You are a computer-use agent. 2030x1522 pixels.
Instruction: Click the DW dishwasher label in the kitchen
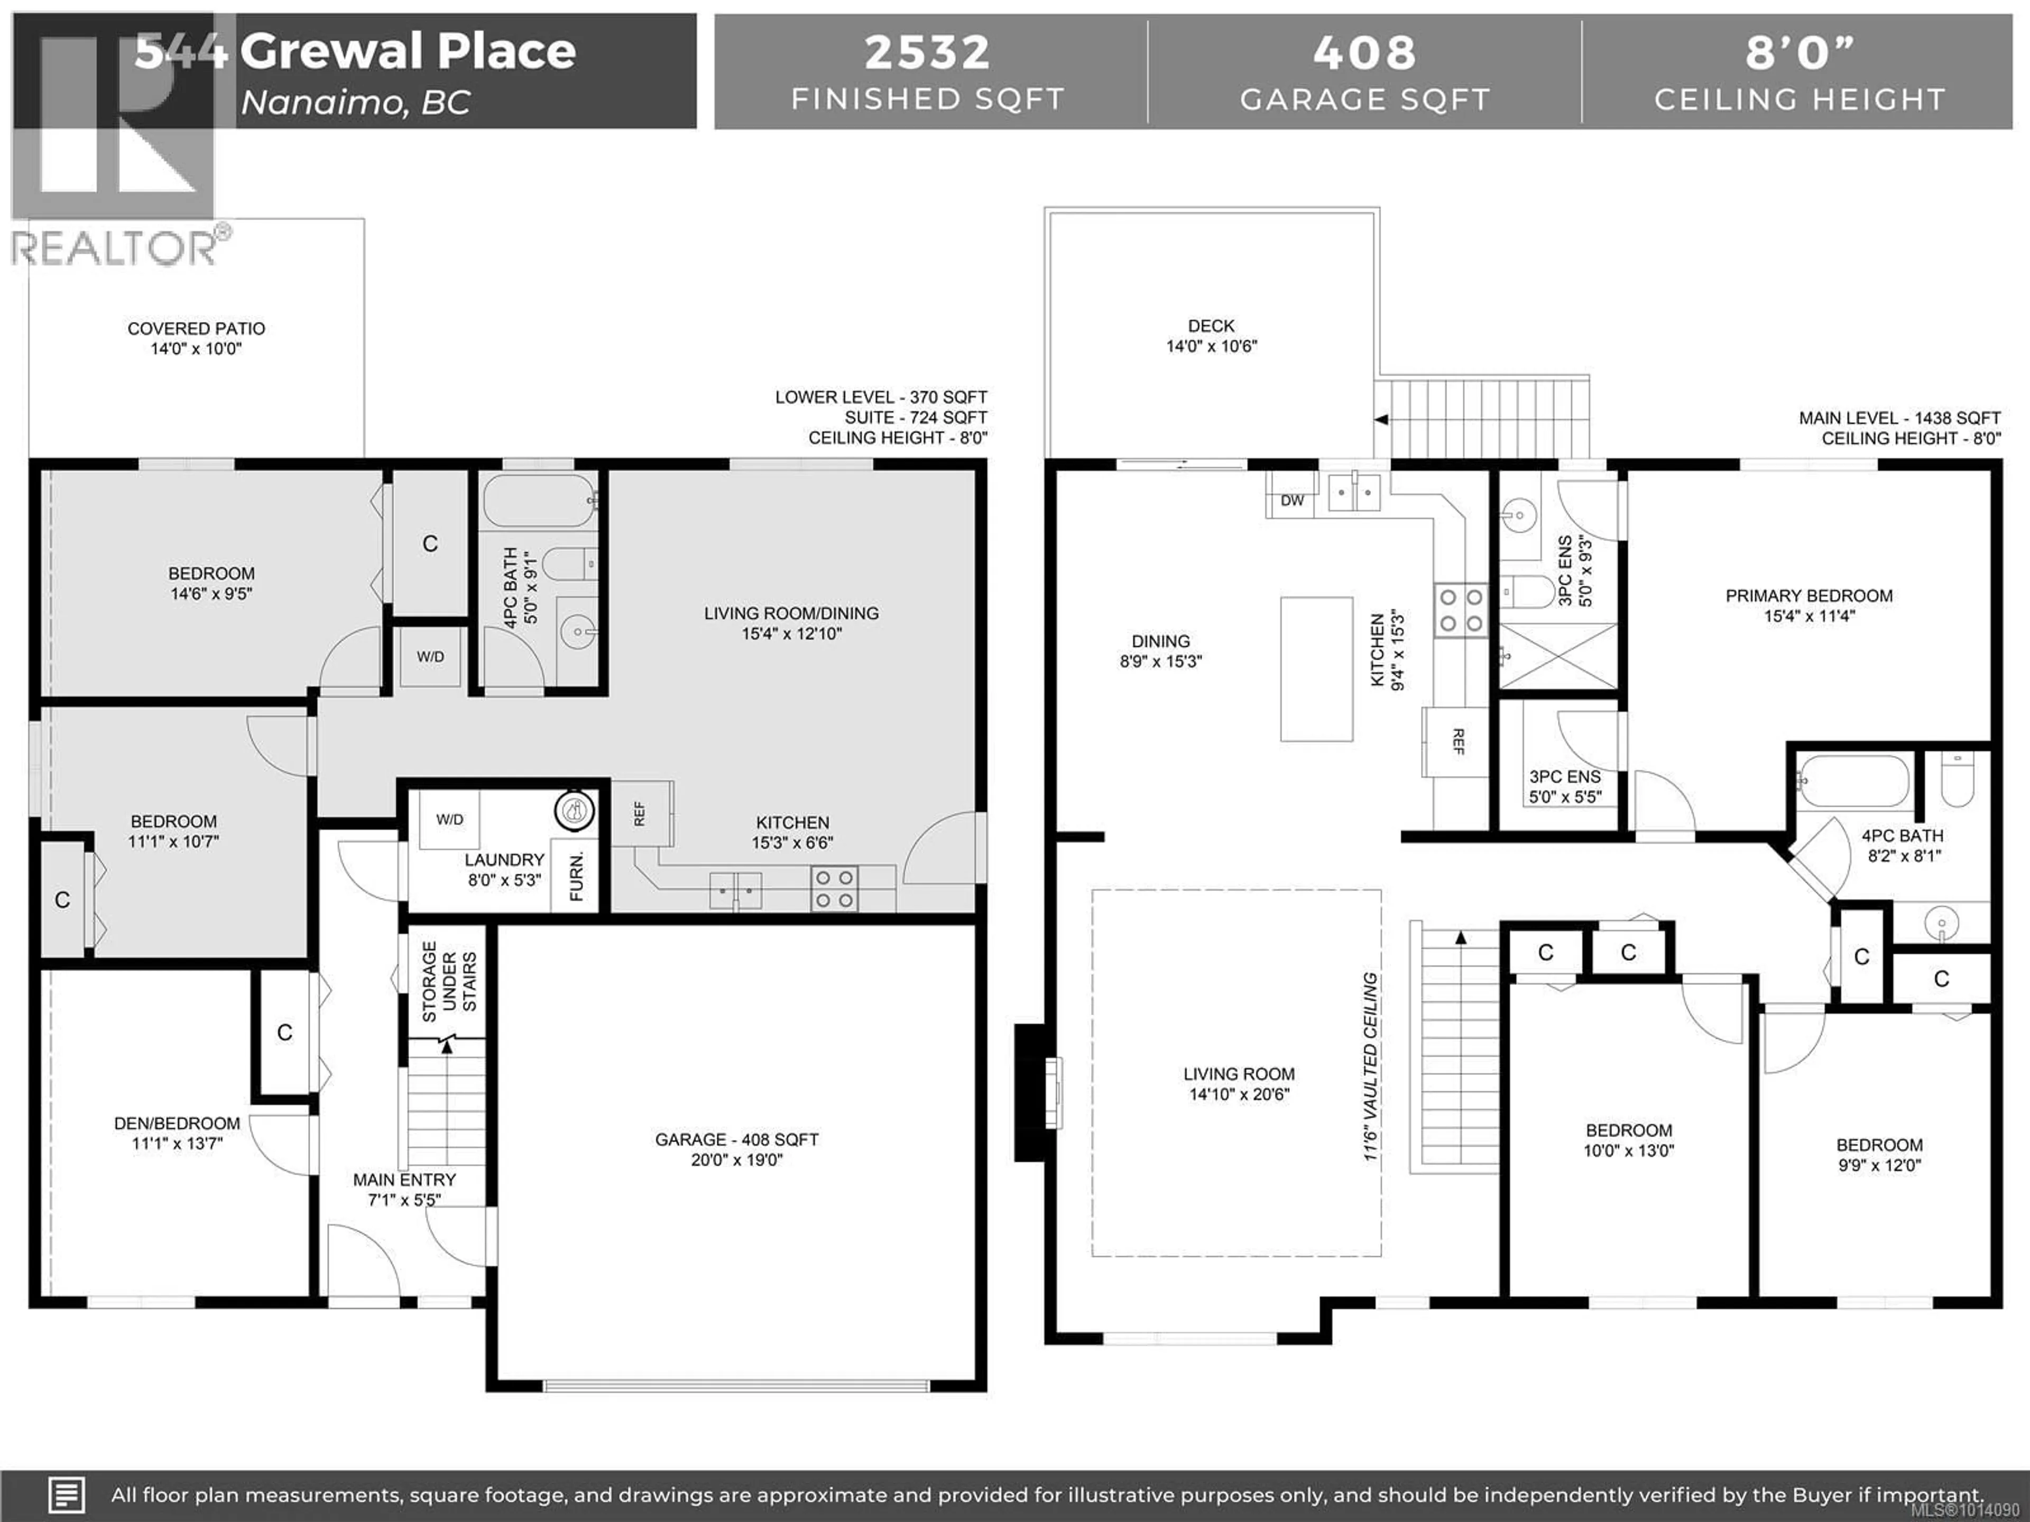[1292, 500]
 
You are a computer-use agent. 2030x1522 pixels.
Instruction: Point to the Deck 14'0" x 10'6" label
[1212, 336]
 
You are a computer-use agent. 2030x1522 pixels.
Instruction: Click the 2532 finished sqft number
[927, 52]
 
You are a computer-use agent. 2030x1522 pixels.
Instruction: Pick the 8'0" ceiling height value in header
[1800, 52]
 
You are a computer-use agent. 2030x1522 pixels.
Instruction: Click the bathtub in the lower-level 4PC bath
[540, 500]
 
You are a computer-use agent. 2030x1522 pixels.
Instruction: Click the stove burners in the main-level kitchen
[1461, 610]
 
